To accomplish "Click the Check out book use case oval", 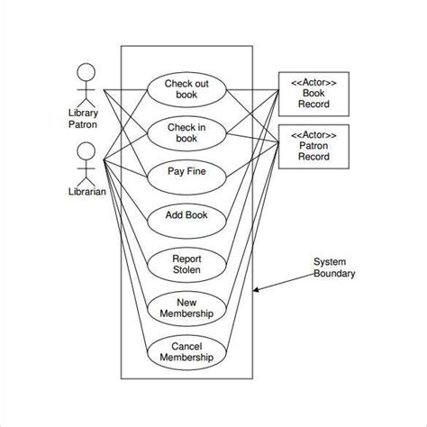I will [186, 89].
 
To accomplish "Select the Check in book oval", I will [186, 133].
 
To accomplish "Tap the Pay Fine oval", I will [186, 171].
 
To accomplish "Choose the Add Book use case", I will [186, 215].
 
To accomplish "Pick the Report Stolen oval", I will [186, 263].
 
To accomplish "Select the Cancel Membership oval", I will [186, 351].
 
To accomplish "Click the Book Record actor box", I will [314, 93].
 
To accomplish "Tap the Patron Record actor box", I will [314, 145].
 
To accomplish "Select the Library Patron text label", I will [84, 119].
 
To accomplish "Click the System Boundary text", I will [333, 268].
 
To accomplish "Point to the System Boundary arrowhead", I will [257, 290].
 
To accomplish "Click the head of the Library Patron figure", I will [86, 71].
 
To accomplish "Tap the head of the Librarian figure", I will [86, 150].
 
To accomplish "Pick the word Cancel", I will [186, 345].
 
